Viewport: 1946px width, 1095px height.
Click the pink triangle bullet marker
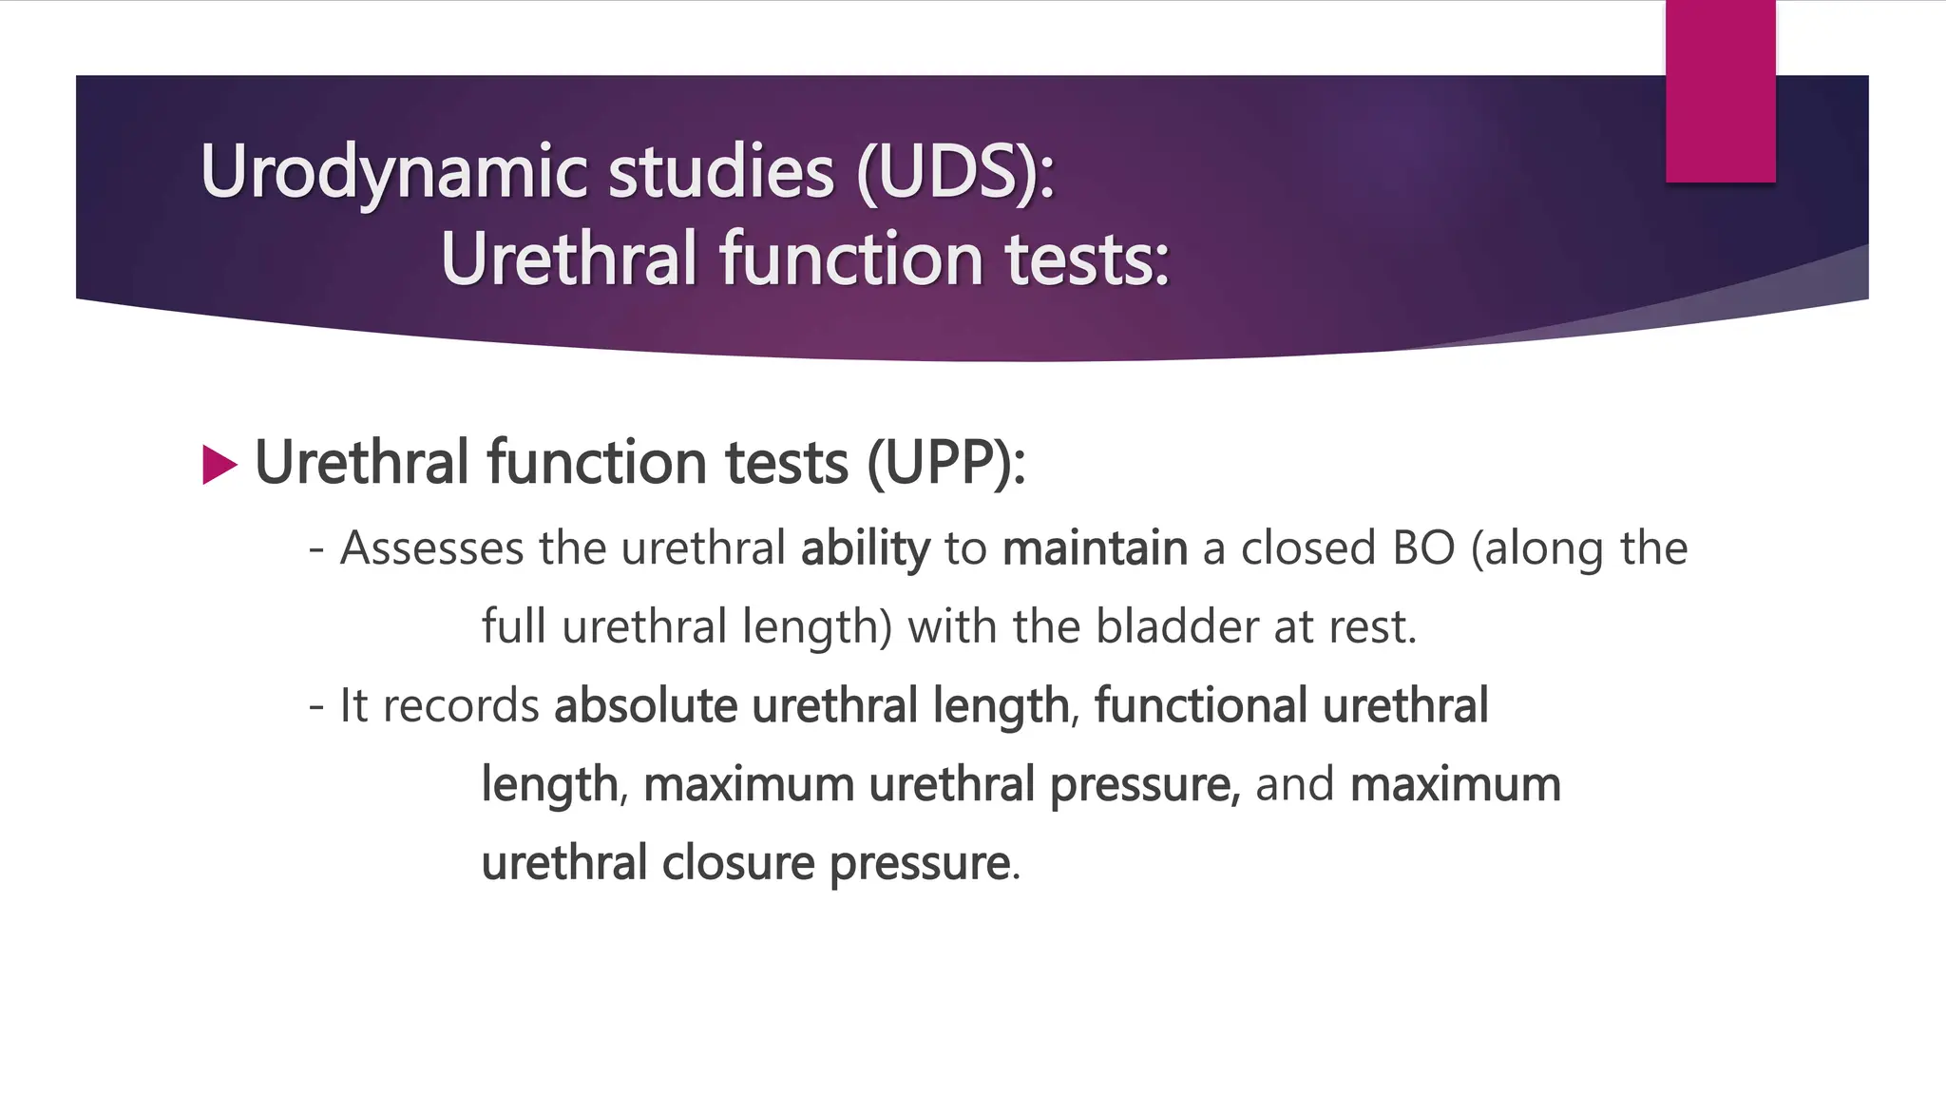point(219,465)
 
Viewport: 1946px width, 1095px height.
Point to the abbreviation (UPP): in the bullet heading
point(945,463)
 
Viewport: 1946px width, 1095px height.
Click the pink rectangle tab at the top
point(1720,91)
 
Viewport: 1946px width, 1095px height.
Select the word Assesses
point(431,548)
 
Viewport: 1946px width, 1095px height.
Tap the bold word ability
point(865,549)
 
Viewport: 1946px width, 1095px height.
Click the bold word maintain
point(1095,548)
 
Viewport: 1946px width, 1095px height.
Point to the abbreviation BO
point(1423,548)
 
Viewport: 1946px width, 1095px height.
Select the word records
point(461,706)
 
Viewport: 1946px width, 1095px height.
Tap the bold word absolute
point(645,706)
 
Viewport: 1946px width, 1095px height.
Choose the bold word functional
point(1200,706)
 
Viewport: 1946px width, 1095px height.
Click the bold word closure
point(737,863)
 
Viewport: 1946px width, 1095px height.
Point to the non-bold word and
point(1294,785)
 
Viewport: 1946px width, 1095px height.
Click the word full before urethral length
point(513,627)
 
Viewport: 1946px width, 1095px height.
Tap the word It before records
point(353,706)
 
